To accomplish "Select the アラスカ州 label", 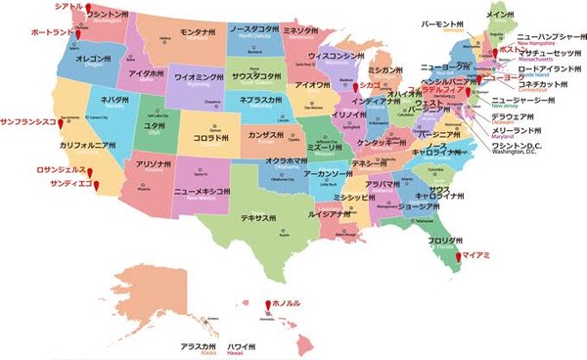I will (x=197, y=345).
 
